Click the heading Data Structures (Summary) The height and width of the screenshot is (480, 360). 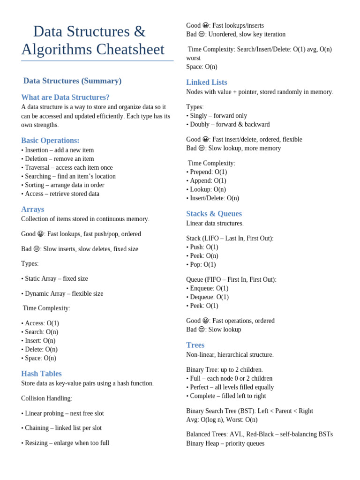pos(72,81)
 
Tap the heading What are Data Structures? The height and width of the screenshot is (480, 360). pos(65,97)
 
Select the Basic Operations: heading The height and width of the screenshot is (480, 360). pos(50,141)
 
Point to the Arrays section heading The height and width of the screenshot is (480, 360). pos(32,210)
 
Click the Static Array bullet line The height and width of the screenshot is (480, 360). pos(54,278)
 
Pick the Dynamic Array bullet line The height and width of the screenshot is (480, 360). pos(62,293)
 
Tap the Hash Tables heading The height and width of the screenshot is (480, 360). pos(41,374)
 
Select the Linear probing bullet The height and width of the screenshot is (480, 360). pos(62,413)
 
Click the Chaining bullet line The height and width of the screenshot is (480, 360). pos(61,428)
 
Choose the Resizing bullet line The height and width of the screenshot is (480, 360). pos(65,443)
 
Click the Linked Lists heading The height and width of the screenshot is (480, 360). pos(206,82)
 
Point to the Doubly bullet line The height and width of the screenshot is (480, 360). pos(228,124)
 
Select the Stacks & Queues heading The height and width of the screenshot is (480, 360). pos(214,214)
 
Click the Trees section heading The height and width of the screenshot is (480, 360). pos(195,345)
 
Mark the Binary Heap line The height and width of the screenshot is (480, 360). pos(225,443)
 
